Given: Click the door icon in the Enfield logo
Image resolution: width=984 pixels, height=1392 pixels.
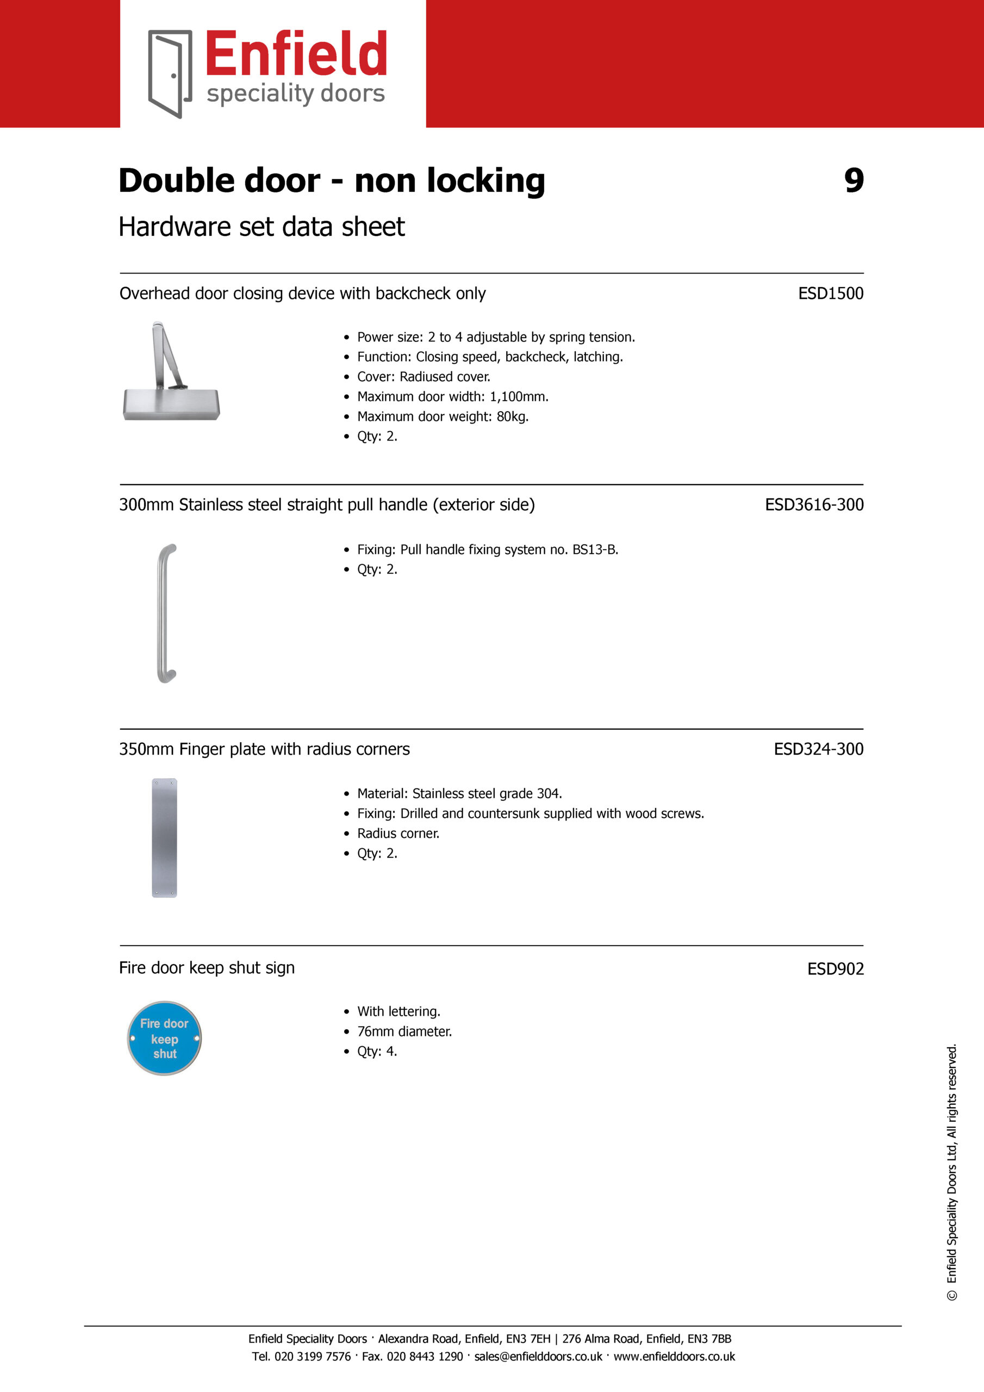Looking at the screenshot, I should [170, 73].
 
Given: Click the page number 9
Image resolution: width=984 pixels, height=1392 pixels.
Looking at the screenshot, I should [854, 181].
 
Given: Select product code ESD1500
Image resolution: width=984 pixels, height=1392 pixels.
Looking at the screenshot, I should [830, 294].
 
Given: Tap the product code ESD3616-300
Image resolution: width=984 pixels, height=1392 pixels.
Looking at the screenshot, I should [814, 505].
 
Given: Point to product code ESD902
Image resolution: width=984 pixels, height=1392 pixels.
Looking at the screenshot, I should [835, 968].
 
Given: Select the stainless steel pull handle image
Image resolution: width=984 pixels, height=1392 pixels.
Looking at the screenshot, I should [166, 613].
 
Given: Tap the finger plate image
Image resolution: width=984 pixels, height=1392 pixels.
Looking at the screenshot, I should [164, 837].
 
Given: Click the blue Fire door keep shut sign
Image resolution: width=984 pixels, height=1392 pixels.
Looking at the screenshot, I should [164, 1038].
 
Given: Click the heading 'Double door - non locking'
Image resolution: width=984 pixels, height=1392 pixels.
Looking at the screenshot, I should [332, 181].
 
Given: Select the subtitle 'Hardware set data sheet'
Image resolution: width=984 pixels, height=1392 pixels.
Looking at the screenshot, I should [261, 227].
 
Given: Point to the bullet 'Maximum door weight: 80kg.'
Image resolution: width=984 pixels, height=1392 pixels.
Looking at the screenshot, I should [443, 417].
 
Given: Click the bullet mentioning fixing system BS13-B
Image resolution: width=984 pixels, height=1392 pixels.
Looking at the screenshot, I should [488, 549].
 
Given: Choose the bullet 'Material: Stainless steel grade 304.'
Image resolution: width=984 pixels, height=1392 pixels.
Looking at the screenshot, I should [459, 794].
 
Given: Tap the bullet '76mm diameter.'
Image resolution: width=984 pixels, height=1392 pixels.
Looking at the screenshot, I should [404, 1031].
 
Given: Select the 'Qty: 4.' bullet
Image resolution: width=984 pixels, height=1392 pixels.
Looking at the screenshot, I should [377, 1051].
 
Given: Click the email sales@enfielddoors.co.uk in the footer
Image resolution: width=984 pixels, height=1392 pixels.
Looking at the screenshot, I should [538, 1356].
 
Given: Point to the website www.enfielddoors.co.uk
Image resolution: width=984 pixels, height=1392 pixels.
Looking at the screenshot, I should [674, 1356].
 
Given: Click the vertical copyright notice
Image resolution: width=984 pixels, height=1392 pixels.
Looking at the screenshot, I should [951, 1172].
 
